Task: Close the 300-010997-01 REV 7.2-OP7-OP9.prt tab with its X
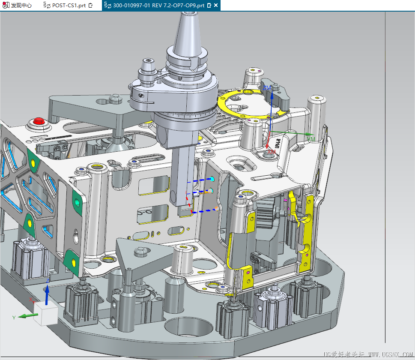(x=216, y=6)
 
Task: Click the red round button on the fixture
(x=39, y=121)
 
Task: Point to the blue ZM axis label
(x=267, y=88)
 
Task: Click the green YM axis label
(x=311, y=139)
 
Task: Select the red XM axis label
(x=271, y=152)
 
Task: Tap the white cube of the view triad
(x=45, y=314)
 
